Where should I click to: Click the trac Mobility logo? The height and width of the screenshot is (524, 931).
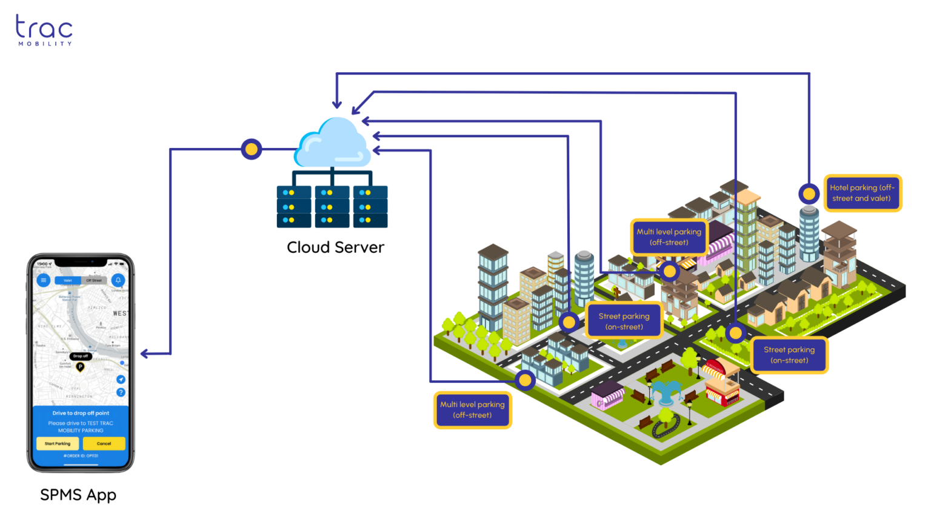(44, 30)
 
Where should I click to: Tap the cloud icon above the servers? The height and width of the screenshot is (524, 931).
(333, 144)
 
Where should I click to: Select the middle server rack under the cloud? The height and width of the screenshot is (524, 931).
(332, 207)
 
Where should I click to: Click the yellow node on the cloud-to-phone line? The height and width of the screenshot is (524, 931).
(251, 149)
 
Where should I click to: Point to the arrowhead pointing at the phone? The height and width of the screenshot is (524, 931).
(146, 354)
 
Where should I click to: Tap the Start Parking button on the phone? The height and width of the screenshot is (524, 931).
(58, 443)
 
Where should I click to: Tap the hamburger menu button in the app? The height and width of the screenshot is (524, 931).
(43, 280)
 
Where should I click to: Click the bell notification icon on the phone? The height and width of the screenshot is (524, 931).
(118, 280)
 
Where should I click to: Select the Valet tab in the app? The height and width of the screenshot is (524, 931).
(68, 280)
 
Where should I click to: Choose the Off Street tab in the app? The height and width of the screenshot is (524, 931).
(94, 280)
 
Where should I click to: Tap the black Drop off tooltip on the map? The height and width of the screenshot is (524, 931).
(81, 356)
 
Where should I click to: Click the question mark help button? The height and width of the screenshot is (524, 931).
(121, 392)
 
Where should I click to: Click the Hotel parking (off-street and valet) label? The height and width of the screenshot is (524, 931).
(862, 193)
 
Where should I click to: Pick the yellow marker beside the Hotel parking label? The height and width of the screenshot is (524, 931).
(809, 194)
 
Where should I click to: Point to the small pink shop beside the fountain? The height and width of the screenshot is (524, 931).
(607, 397)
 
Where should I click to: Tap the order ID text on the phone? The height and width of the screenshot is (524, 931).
(81, 455)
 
